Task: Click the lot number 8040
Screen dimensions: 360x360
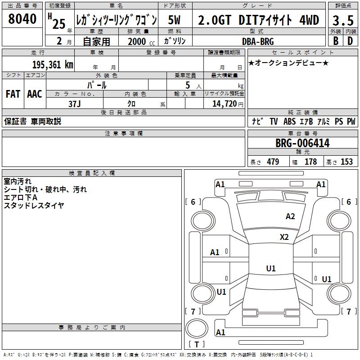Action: coord(22,19)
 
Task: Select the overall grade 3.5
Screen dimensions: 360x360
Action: coord(343,20)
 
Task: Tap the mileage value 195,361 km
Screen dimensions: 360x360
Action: coord(53,65)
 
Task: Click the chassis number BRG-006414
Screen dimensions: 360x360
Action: coord(302,143)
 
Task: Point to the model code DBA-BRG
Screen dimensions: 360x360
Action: coord(258,41)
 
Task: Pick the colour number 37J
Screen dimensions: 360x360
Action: coord(75,104)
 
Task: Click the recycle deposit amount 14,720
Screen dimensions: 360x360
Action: coord(224,104)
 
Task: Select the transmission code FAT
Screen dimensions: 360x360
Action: coord(13,94)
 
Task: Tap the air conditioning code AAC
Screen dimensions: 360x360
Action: coord(35,94)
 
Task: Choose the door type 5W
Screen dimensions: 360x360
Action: coord(174,20)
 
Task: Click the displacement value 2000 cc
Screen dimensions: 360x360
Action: coord(141,41)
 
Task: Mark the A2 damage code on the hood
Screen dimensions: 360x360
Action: coord(290,216)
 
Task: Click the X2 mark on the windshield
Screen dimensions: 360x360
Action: coord(284,237)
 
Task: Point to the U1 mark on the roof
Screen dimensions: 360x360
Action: coord(271,268)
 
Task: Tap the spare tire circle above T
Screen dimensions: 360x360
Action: coord(197,328)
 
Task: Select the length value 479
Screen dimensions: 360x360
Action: coord(273,162)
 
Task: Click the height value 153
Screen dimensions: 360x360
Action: coord(346,162)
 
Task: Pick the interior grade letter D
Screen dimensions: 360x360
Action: coord(350,41)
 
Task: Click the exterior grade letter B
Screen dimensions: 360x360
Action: coord(336,41)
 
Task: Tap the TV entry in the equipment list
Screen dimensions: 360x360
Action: coord(274,121)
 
